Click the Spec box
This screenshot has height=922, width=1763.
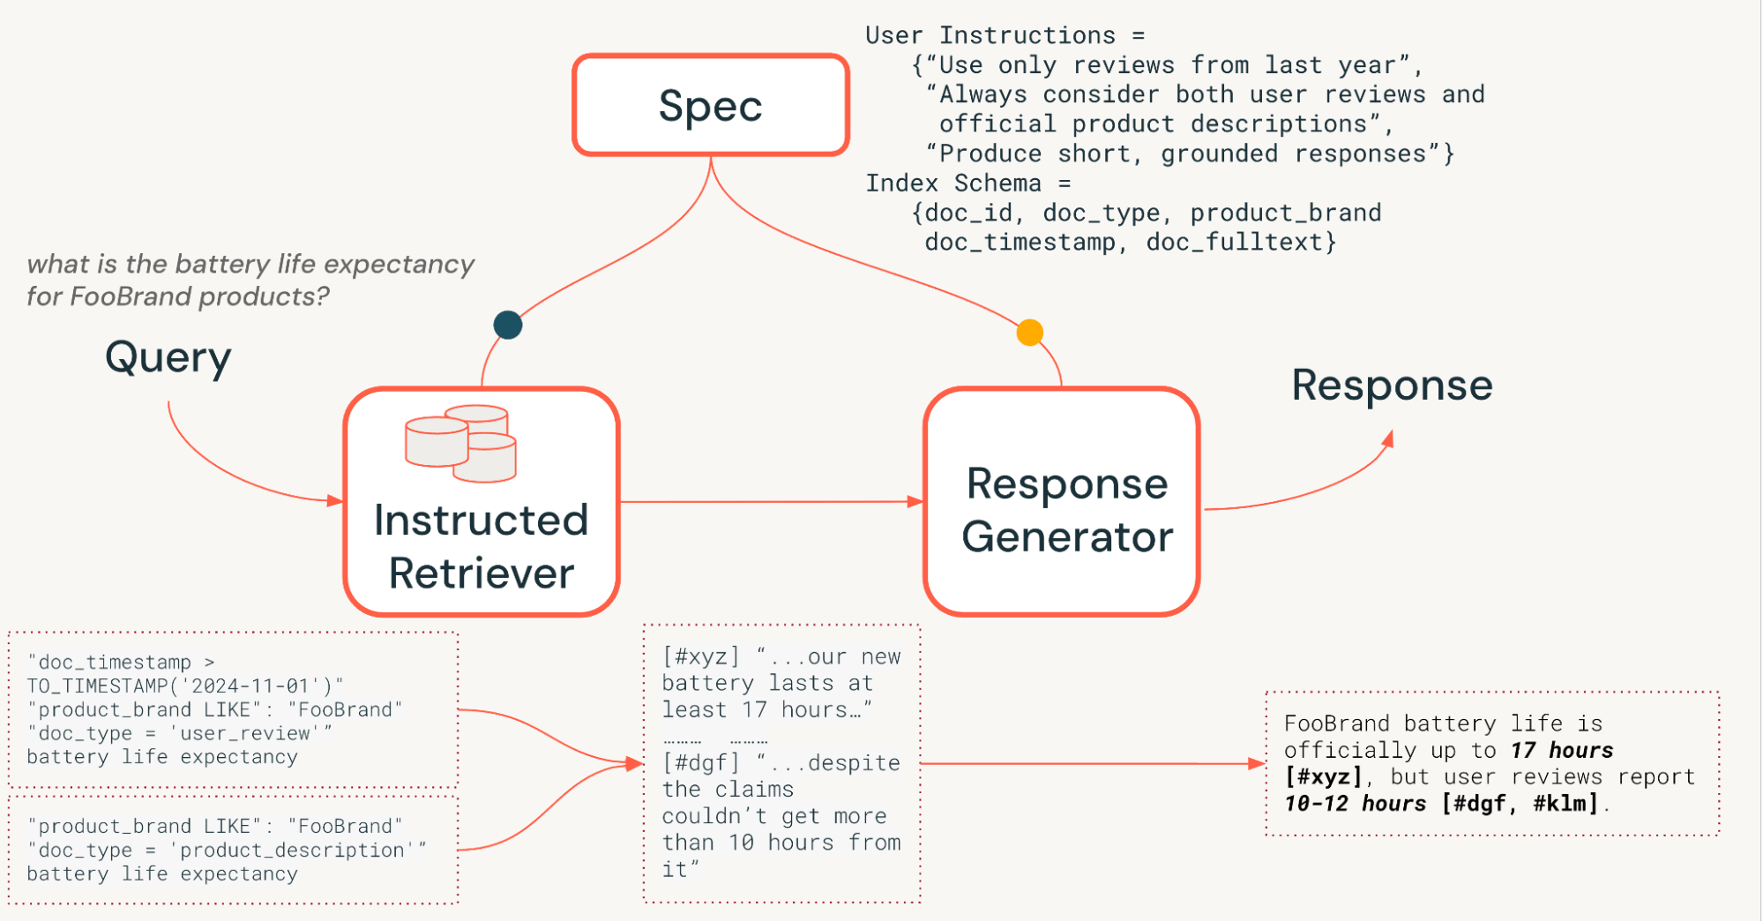pos(710,105)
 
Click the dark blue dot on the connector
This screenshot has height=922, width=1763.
pos(508,325)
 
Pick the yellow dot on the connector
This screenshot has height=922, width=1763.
pos(1029,333)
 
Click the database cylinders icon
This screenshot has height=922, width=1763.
pos(460,443)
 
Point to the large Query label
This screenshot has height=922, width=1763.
pos(168,357)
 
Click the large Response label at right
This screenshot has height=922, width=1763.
pos(1391,386)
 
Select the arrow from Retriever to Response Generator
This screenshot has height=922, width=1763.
pos(772,502)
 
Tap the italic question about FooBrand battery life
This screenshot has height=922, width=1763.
pos(250,280)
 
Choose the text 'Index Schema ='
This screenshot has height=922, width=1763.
pos(967,184)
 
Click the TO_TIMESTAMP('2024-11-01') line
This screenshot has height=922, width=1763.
pos(184,686)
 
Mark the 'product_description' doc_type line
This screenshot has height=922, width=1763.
pos(226,850)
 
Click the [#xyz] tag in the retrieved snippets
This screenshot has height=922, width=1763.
pos(701,656)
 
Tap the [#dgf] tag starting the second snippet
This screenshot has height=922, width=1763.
pos(701,762)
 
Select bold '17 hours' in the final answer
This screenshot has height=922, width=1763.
pos(1561,751)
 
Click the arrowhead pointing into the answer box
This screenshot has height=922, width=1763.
pos(1257,764)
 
